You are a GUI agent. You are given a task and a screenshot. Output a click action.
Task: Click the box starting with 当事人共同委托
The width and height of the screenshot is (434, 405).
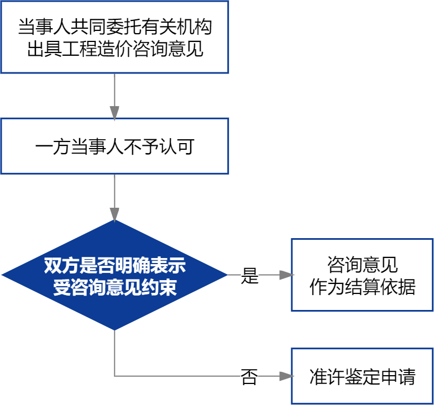coord(114,37)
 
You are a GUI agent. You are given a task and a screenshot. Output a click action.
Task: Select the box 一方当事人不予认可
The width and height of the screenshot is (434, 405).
coord(114,146)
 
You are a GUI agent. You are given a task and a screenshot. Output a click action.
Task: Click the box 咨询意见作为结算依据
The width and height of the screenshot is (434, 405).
coord(362,275)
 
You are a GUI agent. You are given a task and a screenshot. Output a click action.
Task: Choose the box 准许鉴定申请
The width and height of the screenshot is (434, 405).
coord(362,376)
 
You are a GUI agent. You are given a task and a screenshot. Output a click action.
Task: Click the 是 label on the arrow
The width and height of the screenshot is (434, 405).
coord(250,275)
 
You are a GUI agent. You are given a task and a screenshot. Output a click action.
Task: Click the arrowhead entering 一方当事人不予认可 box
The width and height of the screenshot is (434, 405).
coord(114,113)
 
